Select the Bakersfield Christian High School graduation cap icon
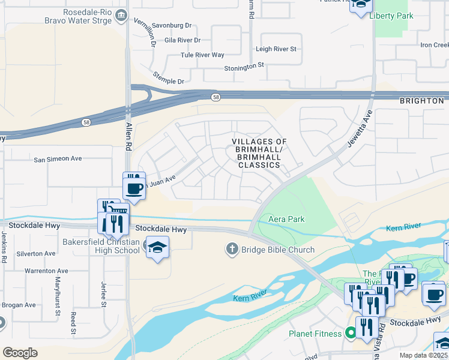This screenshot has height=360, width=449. [157, 248]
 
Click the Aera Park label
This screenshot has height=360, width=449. [286, 219]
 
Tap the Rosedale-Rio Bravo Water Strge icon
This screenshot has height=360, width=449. [122, 14]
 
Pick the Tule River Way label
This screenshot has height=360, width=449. [202, 55]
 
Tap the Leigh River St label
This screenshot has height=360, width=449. [276, 49]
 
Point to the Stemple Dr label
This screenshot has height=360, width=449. [168, 81]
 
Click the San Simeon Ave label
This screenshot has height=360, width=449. [58, 159]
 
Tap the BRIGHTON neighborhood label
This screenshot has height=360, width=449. [422, 101]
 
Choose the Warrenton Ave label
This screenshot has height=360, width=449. [46, 271]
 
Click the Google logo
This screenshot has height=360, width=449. [20, 353]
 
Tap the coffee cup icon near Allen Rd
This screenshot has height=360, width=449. [134, 187]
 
